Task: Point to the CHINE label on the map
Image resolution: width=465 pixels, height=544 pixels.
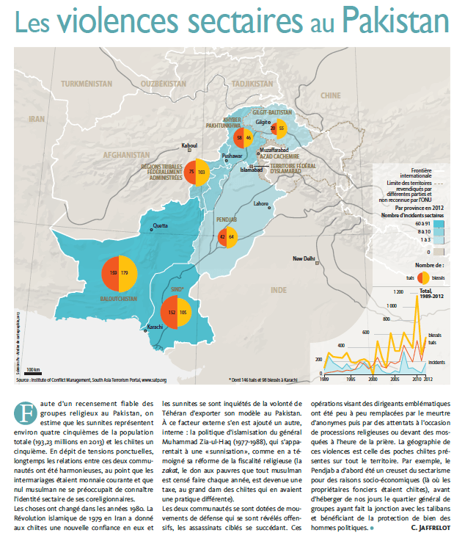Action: point(332,96)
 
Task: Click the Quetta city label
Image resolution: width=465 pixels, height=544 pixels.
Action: point(160,225)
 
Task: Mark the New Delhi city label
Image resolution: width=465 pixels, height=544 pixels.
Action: point(304,258)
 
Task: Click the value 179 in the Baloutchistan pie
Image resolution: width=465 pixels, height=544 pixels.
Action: point(124,273)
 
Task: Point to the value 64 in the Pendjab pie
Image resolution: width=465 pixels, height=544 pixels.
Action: point(232,236)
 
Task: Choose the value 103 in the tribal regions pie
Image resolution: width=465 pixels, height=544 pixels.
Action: point(202,172)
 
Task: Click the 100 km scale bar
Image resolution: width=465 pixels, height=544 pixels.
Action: point(32,369)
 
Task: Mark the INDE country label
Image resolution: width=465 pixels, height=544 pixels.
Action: point(279,291)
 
